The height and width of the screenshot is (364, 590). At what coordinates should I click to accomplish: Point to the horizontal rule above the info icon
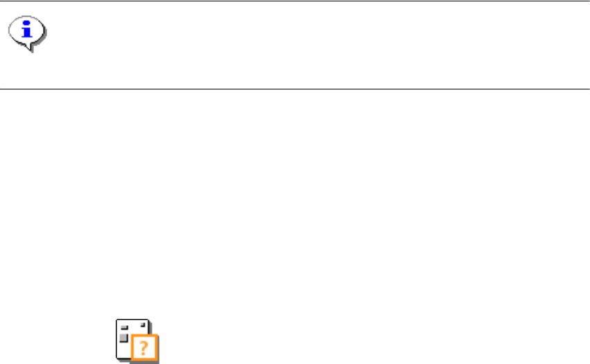[x=295, y=1]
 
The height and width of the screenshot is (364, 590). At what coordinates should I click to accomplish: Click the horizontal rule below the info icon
[x=295, y=89]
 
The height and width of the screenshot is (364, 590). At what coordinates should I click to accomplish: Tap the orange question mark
[x=144, y=347]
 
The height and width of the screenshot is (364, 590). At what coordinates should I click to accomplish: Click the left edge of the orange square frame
[x=133, y=347]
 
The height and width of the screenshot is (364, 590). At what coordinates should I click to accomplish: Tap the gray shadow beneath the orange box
[x=147, y=361]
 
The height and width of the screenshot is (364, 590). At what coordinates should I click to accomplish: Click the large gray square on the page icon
[x=123, y=338]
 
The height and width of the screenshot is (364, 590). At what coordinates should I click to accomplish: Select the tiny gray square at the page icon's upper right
[x=144, y=323]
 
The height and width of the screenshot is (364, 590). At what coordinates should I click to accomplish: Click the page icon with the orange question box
[x=136, y=340]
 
